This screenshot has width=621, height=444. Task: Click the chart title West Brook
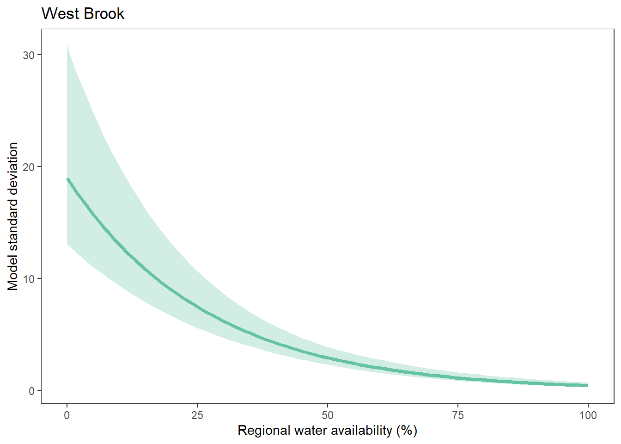point(83,14)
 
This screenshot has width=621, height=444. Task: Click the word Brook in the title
point(103,14)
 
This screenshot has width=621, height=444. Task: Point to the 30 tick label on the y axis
point(29,55)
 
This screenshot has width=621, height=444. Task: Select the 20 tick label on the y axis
point(29,167)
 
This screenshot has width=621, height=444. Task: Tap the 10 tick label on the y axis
point(29,279)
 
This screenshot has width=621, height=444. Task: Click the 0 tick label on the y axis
point(31,391)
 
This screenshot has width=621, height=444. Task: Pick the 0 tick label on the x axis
point(67,415)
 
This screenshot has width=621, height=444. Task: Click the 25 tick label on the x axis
point(197,415)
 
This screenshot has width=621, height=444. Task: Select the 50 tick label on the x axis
point(328,415)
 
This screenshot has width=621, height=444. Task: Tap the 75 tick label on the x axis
point(458,415)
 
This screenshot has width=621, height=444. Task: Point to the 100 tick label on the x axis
point(588,415)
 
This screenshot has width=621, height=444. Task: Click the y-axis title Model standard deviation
point(13,216)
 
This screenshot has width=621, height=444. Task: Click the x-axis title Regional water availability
point(327,431)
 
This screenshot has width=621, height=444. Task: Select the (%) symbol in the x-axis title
point(407,431)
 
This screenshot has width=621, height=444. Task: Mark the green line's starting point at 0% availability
point(67,179)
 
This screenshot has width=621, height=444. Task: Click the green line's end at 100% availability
point(587,385)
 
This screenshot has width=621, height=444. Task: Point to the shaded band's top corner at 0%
point(67,46)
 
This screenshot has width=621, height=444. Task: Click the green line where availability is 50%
point(328,358)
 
